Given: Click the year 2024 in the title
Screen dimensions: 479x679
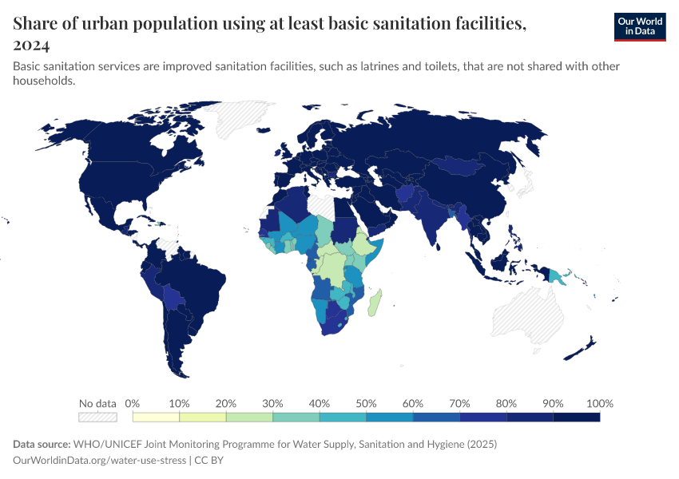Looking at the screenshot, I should pos(31,45).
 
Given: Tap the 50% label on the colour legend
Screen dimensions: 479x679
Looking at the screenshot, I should pos(366,403).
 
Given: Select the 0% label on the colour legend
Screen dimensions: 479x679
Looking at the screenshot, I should pos(133,403).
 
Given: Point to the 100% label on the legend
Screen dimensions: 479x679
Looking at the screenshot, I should pos(599,403).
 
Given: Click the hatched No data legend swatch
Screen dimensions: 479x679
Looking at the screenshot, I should pos(97,417).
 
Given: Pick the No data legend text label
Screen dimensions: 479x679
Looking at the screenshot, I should pos(97,403).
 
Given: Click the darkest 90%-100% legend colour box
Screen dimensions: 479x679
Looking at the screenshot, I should pos(576,417).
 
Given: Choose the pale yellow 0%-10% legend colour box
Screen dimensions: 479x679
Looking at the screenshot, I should pos(156,417).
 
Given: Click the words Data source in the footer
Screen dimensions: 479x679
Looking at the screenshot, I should pos(42,444).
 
